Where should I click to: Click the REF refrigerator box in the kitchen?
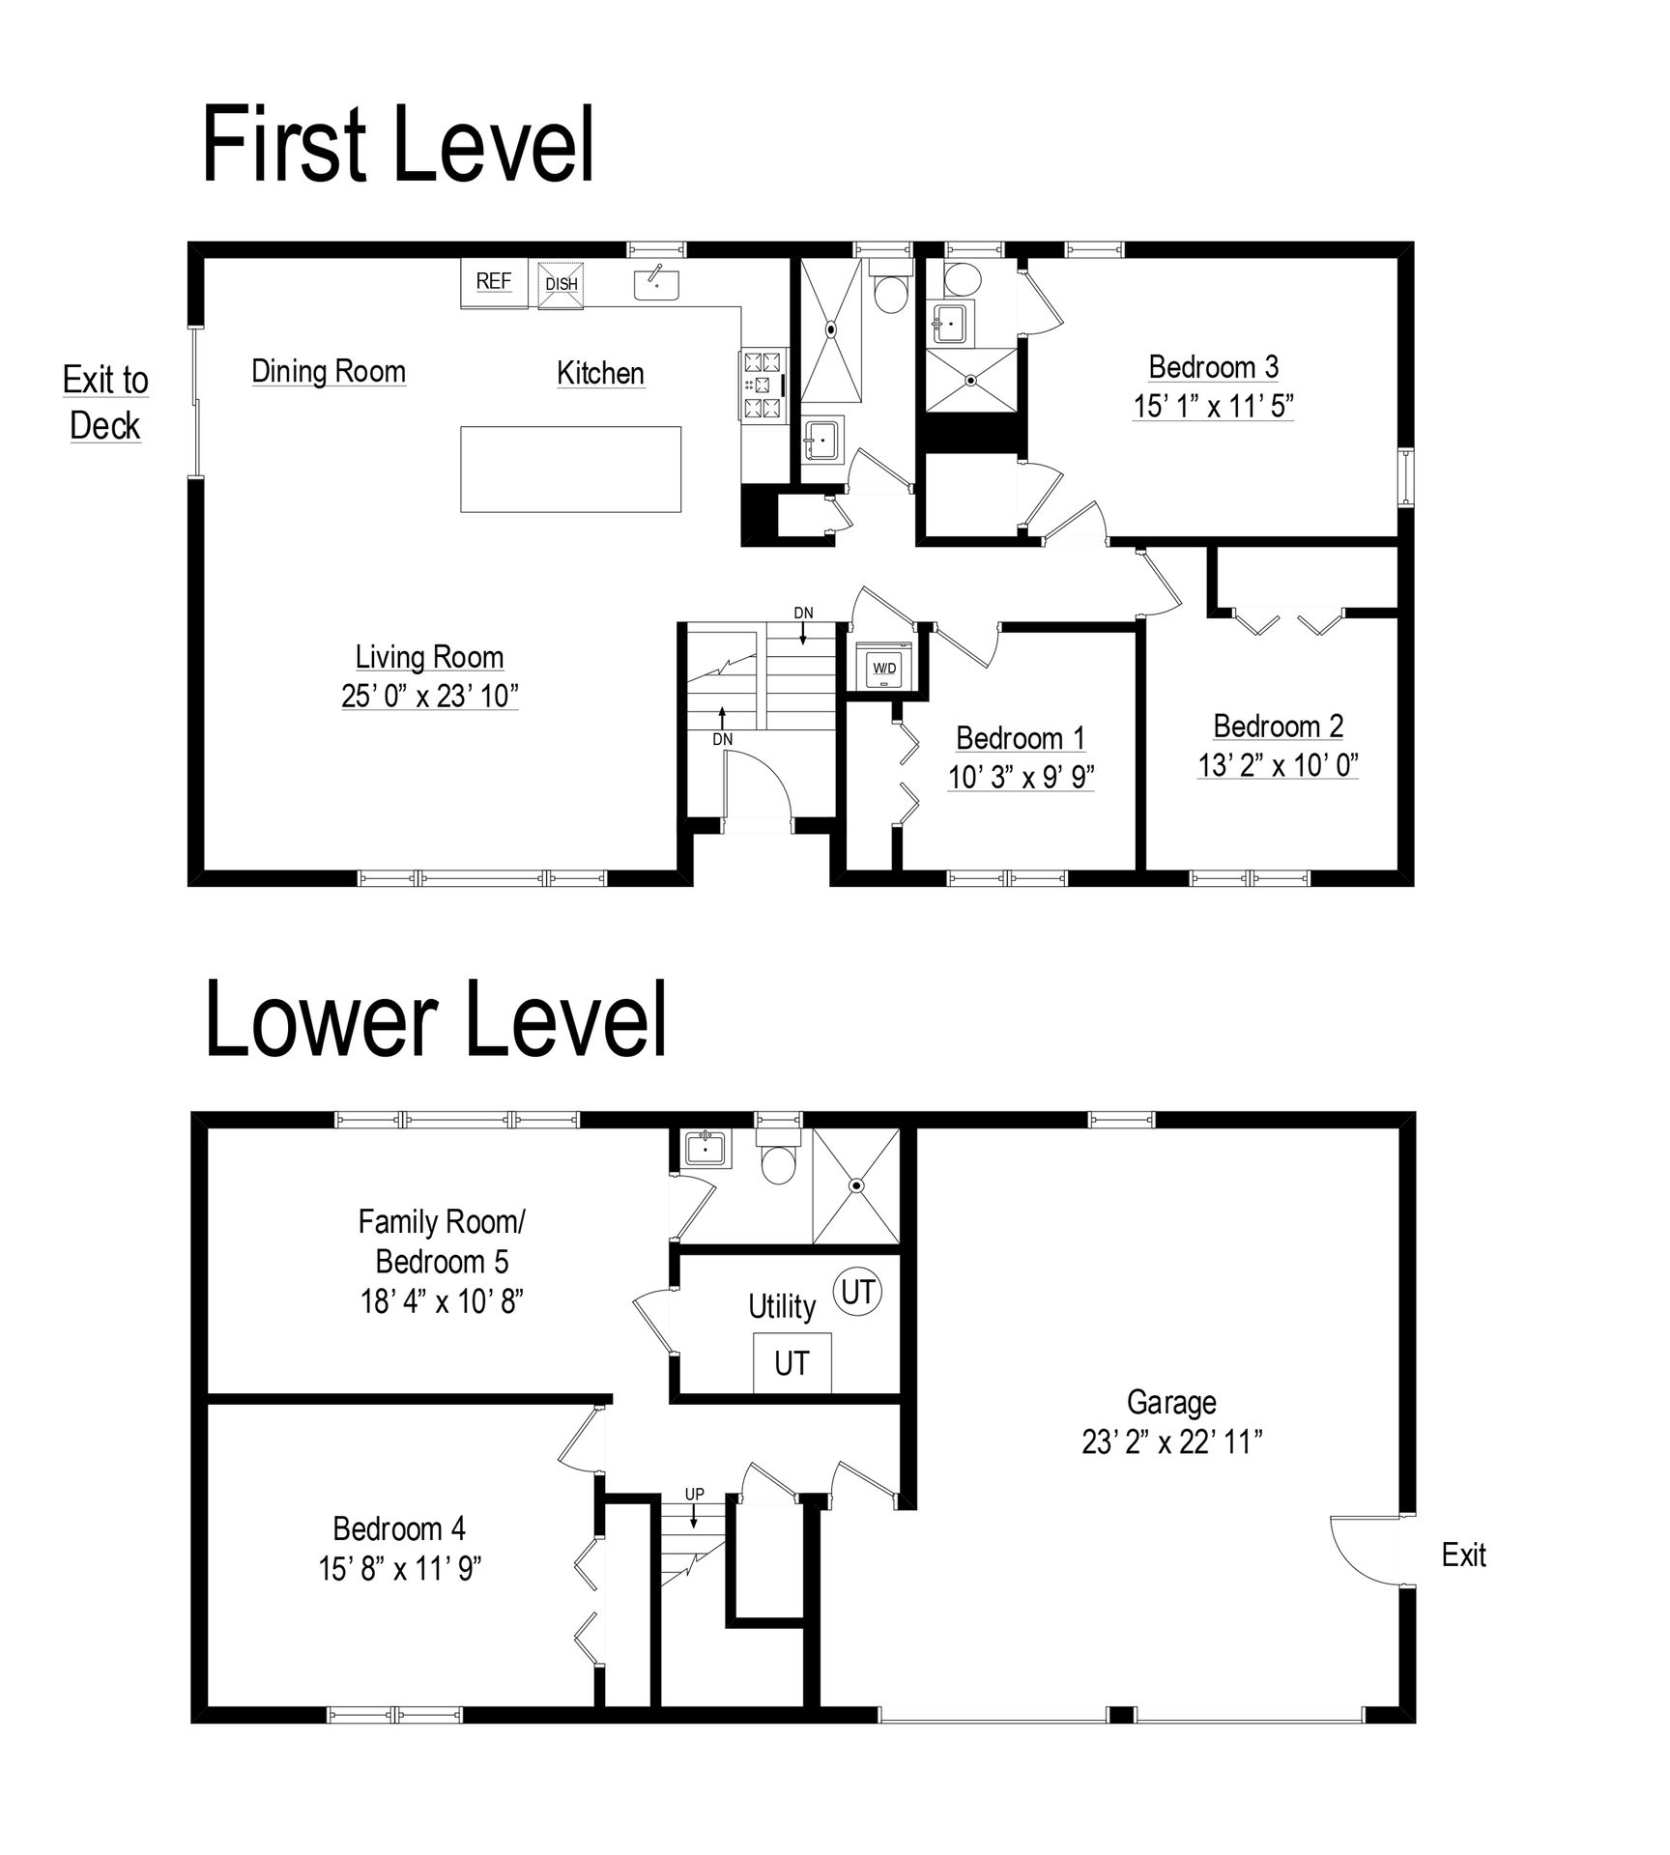click(493, 282)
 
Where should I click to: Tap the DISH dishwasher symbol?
click(561, 284)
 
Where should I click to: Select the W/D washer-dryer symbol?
click(884, 666)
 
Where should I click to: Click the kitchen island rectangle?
click(570, 469)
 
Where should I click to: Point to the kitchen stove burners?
click(761, 385)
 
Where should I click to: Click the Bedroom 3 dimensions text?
click(1214, 406)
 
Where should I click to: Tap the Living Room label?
click(429, 657)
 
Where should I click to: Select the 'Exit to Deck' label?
click(105, 403)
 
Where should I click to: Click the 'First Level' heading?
click(398, 146)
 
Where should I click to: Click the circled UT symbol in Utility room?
click(858, 1292)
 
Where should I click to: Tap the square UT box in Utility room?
click(792, 1362)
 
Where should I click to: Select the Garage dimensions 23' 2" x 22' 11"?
click(1172, 1441)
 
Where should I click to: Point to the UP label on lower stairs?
click(694, 1494)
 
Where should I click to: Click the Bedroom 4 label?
click(399, 1528)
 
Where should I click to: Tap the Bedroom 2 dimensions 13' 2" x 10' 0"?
click(1278, 765)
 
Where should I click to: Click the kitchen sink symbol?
click(656, 283)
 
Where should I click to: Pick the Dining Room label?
click(329, 371)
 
